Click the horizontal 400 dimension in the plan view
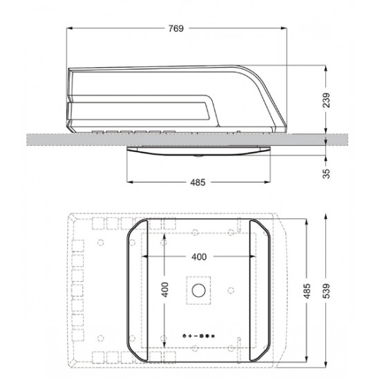pyautogui.click(x=199, y=257)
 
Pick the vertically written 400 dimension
pyautogui.click(x=165, y=290)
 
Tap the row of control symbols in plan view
pyautogui.click(x=199, y=336)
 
